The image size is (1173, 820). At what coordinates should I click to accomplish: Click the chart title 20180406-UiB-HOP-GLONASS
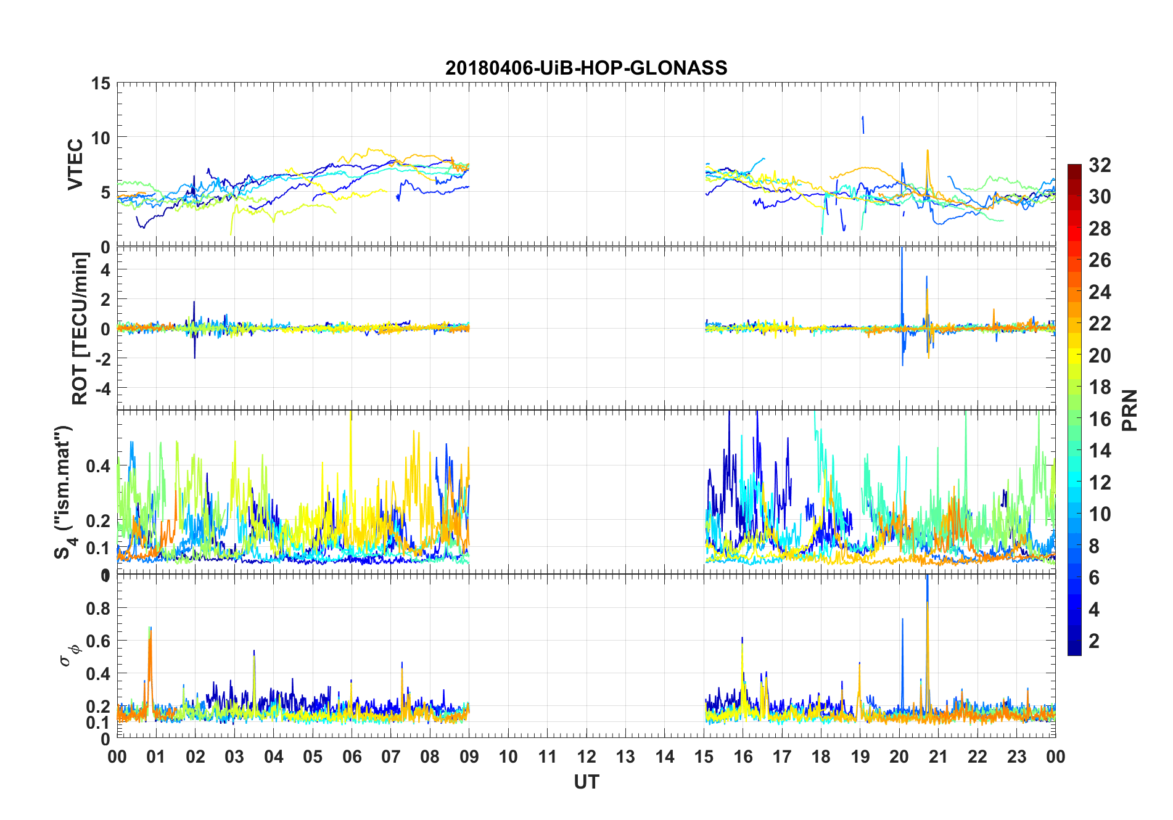click(x=586, y=68)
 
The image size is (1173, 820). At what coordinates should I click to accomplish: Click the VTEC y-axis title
click(x=75, y=165)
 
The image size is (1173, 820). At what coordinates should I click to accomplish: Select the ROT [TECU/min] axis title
click(x=80, y=328)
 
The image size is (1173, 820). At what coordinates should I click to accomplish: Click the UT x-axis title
click(x=586, y=782)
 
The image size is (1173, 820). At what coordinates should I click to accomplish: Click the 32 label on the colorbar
click(x=1100, y=165)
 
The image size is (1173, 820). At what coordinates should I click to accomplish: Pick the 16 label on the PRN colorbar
click(x=1100, y=419)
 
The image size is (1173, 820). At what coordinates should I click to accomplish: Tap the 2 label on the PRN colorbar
click(x=1094, y=641)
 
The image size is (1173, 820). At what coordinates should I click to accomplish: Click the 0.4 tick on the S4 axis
click(x=99, y=465)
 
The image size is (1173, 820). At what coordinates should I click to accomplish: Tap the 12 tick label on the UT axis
click(x=586, y=756)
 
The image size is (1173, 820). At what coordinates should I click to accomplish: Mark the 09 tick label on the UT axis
click(x=469, y=756)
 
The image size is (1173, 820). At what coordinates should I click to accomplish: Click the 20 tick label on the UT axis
click(x=899, y=756)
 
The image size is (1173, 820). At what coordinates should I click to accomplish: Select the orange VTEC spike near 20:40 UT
click(x=927, y=154)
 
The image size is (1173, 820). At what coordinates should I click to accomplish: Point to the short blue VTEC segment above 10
click(x=863, y=124)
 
